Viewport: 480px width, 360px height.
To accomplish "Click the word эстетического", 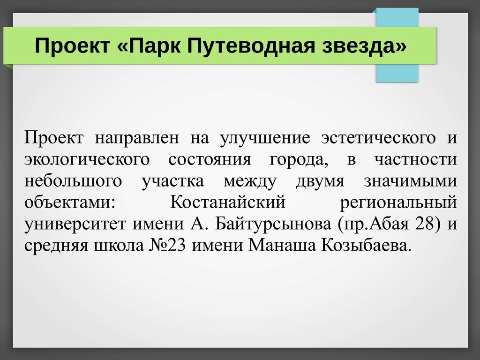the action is tap(378, 137).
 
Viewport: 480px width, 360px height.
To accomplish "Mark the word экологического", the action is tap(87, 159).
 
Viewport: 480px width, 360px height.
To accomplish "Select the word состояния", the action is tap(210, 159).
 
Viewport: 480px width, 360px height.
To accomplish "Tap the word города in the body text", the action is tap(297, 160).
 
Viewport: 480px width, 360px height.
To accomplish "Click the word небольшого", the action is tap(73, 180).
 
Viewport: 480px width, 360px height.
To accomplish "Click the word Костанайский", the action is tap(228, 202).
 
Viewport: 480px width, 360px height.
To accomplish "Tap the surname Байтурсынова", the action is tap(273, 224).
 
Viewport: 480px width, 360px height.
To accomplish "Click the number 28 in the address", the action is tap(425, 224).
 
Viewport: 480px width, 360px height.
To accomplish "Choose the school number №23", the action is tap(168, 245).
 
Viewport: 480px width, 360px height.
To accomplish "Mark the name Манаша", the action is tap(282, 245).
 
